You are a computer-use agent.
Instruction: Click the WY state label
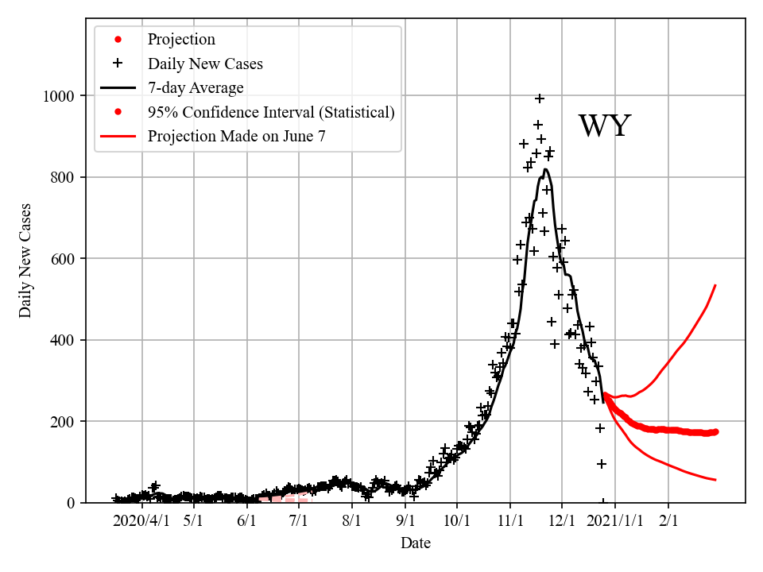[604, 127]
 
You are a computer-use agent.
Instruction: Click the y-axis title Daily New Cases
[25, 261]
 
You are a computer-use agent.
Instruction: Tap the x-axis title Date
[416, 543]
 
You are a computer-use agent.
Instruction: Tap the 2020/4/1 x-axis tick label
[141, 521]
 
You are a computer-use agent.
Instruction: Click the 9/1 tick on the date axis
[405, 521]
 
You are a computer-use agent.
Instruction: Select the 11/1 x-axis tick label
[509, 521]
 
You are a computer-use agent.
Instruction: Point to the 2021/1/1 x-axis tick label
[614, 521]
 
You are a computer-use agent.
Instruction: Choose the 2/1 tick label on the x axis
[668, 521]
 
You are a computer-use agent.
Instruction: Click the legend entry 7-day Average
[196, 87]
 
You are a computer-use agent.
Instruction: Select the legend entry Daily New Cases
[205, 64]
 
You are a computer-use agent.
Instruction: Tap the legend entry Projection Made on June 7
[236, 136]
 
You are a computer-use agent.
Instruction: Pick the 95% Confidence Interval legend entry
[271, 112]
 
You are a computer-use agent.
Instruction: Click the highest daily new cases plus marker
[540, 99]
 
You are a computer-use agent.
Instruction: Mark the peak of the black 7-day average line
[545, 169]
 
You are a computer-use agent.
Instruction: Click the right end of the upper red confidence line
[716, 284]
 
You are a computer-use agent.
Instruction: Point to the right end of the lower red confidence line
[716, 480]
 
